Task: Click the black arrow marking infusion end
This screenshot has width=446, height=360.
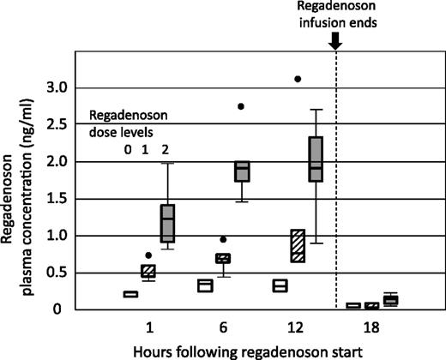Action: (335, 39)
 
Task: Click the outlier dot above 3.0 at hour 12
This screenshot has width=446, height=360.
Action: (298, 79)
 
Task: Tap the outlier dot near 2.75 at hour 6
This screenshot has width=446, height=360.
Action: (241, 106)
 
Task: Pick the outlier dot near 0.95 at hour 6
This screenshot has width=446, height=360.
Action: (223, 240)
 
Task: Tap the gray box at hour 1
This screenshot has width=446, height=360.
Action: (167, 223)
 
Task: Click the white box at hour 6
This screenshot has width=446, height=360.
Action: (205, 285)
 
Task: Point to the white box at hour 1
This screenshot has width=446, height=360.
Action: (130, 294)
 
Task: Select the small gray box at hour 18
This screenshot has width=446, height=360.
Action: (390, 300)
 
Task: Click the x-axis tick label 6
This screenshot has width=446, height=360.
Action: (223, 328)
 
